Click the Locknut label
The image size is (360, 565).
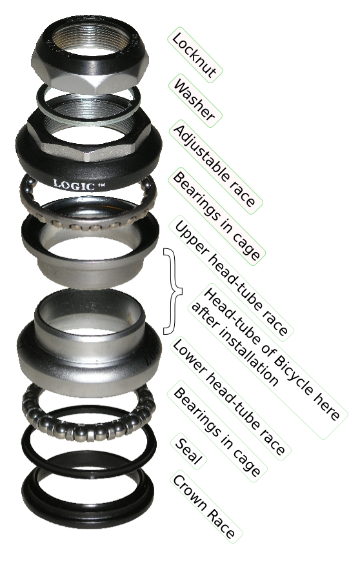(x=195, y=55)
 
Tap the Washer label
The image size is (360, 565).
(x=195, y=101)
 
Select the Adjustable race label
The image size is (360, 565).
(x=215, y=166)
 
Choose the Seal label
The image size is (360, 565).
(x=188, y=450)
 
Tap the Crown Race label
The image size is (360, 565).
(x=205, y=506)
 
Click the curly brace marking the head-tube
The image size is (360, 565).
(x=173, y=291)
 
